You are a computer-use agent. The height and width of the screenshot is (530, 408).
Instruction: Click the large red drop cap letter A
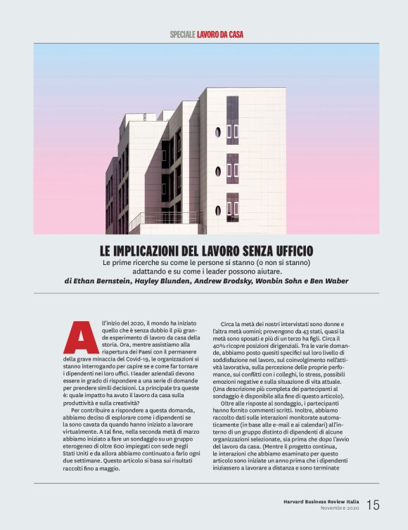pos(81,337)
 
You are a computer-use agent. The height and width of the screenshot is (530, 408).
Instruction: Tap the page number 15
pos(373,504)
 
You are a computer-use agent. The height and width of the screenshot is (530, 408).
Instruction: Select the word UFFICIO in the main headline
pos(288,250)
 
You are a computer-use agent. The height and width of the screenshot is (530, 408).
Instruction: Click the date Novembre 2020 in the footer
pos(340,508)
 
